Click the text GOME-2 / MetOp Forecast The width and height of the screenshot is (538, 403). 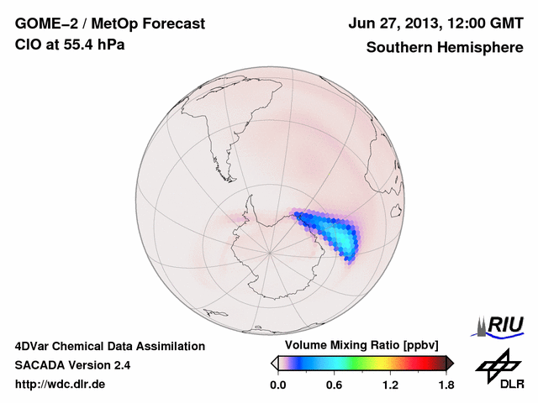(109, 24)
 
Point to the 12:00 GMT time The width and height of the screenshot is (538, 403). (480, 24)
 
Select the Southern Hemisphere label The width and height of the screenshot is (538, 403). (445, 47)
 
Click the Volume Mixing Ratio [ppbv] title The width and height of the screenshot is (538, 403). (361, 345)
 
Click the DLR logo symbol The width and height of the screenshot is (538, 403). (495, 363)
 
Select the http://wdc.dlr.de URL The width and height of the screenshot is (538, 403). (61, 385)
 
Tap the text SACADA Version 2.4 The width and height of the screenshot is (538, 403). (72, 365)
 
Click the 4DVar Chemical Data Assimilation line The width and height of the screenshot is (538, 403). (109, 346)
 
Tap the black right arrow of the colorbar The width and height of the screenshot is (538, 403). (450, 363)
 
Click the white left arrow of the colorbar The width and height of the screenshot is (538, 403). (274, 363)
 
